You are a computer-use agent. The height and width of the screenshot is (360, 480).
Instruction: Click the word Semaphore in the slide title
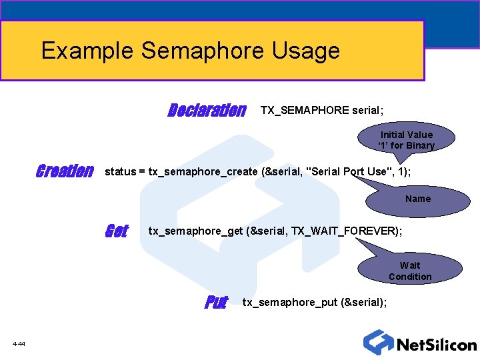(x=203, y=51)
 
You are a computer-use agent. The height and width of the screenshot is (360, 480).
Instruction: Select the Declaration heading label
(x=207, y=110)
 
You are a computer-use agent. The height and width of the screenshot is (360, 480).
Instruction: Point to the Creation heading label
(x=64, y=171)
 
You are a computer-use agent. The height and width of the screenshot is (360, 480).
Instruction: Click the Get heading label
(x=116, y=231)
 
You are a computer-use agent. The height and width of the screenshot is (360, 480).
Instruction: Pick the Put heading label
(x=216, y=303)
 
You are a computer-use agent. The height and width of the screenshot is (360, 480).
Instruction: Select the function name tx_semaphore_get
(x=195, y=231)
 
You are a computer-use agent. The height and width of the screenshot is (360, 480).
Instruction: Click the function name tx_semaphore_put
(x=289, y=303)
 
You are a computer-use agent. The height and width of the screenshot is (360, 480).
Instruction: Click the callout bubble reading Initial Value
(x=406, y=140)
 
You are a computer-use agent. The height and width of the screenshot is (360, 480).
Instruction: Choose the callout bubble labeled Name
(x=418, y=199)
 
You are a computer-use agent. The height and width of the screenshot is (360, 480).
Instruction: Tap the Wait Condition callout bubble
(x=410, y=271)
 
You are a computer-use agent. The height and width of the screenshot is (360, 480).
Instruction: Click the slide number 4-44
(x=19, y=344)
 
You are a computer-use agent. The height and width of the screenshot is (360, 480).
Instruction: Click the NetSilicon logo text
(x=437, y=345)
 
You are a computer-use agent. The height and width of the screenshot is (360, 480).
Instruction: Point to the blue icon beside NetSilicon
(x=378, y=342)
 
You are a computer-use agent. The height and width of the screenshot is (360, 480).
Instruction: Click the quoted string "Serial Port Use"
(x=347, y=171)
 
